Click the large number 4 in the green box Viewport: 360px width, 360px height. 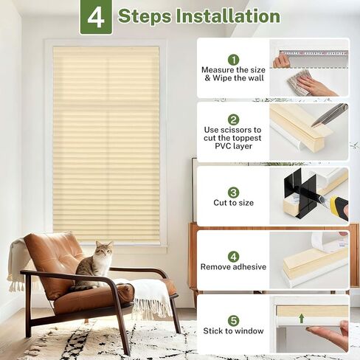[96, 17]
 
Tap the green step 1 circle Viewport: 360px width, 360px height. [233, 59]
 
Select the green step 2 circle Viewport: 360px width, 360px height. [233, 120]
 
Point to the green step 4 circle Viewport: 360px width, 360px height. [233, 256]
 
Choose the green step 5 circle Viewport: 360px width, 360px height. [233, 320]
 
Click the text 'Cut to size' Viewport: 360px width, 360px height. [233, 203]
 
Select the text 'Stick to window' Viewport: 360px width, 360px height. [233, 331]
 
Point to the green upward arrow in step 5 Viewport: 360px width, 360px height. [301, 319]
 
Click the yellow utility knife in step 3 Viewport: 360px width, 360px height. [338, 209]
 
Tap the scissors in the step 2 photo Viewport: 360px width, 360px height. [329, 114]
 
